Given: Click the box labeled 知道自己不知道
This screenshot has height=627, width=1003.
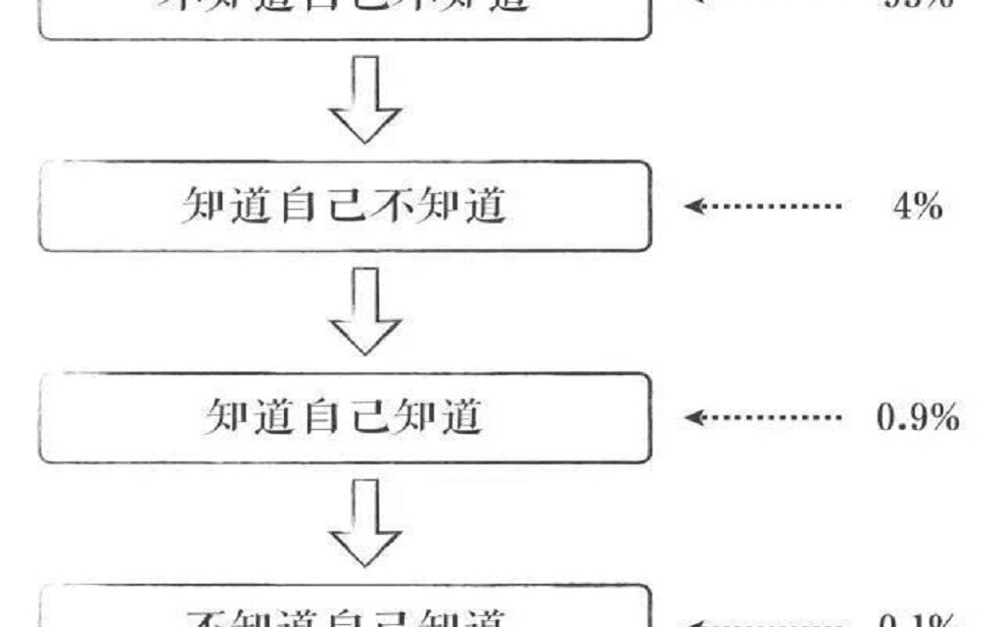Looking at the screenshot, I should [x=344, y=206].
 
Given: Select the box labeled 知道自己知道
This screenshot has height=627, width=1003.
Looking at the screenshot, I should [x=344, y=417].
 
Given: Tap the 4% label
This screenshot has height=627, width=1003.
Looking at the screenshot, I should [x=917, y=207].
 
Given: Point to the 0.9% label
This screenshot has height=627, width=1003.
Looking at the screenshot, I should [x=917, y=418].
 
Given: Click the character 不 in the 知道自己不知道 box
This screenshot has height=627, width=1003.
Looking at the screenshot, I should [x=392, y=207].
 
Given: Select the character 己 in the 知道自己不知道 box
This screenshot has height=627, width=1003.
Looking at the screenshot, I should [x=345, y=207].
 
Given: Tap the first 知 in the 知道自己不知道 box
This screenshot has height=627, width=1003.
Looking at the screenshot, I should [x=202, y=207].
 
